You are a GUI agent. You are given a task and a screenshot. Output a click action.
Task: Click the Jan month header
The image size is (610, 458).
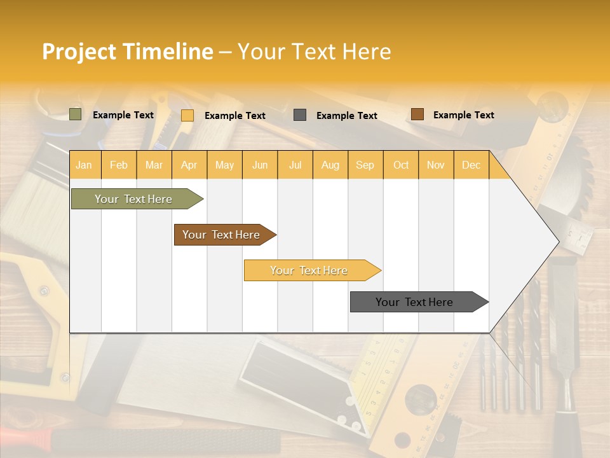(x=84, y=165)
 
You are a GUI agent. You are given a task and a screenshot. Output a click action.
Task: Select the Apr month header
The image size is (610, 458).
(x=189, y=165)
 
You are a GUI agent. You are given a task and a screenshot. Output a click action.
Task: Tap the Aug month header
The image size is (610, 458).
(x=330, y=165)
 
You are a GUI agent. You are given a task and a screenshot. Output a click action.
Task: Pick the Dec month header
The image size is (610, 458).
(x=471, y=165)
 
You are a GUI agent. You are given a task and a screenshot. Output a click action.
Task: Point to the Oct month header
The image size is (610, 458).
(x=401, y=165)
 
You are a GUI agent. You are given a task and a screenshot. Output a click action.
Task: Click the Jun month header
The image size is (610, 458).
(x=260, y=165)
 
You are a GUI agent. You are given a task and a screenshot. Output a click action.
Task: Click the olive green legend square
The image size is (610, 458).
(x=76, y=114)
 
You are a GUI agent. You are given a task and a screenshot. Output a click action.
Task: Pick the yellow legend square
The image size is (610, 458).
(x=187, y=115)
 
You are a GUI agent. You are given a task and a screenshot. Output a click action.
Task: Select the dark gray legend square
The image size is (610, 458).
(x=300, y=115)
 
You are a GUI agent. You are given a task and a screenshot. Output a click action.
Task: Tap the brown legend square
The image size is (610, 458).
(x=417, y=114)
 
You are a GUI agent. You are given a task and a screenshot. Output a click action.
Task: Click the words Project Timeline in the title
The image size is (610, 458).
(x=127, y=52)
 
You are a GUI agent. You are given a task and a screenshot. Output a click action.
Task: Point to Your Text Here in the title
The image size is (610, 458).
(x=314, y=52)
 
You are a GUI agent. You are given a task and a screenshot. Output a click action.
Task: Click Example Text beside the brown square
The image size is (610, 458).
(x=463, y=115)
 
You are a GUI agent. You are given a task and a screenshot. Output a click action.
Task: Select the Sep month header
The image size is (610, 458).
(x=365, y=165)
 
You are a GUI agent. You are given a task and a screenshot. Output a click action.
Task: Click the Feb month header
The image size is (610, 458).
(x=119, y=165)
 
